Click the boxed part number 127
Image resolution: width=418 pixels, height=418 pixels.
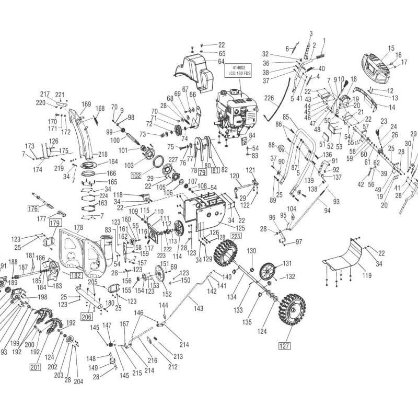click(x=284, y=346)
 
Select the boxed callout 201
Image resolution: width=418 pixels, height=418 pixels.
click(x=35, y=367)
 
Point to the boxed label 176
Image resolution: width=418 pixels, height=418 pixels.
click(x=33, y=208)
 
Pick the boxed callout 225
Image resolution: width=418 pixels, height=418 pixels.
click(x=236, y=236)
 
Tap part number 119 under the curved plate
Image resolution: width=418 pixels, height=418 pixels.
click(x=367, y=275)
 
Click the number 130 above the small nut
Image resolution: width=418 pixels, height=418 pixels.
click(x=252, y=251)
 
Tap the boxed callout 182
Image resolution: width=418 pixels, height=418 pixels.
click(x=76, y=275)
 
